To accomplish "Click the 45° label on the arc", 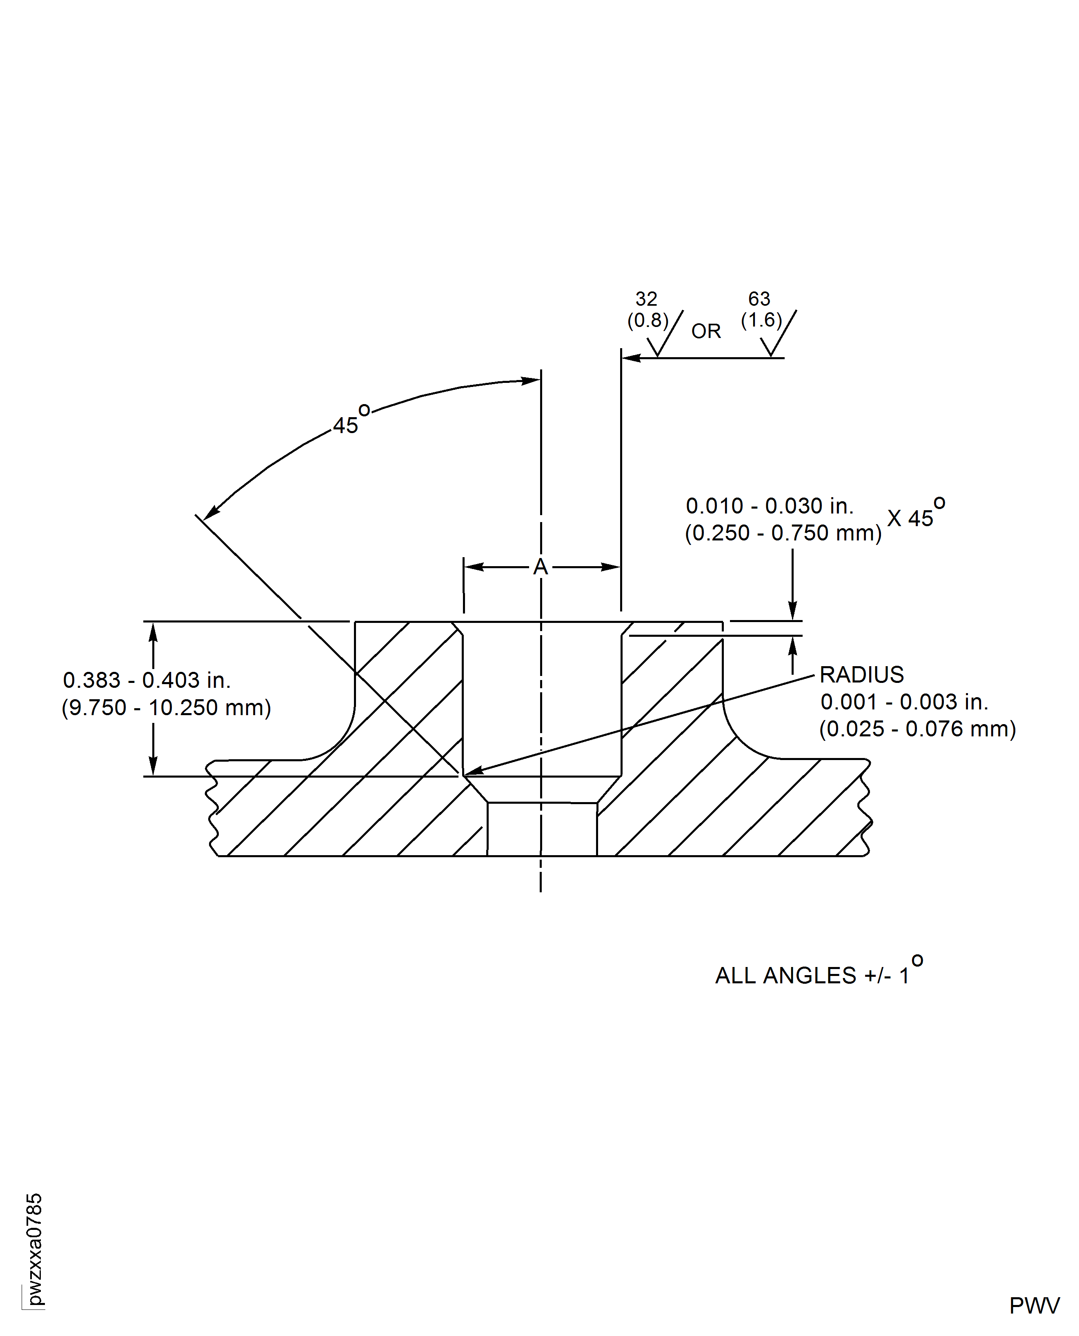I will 349,421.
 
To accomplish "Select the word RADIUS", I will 861,675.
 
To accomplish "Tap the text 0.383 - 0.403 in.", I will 147,680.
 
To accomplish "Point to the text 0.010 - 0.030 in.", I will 770,507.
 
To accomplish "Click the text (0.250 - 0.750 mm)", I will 783,533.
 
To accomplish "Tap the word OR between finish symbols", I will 706,331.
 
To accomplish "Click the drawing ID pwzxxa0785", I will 35,1249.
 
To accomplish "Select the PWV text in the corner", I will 1034,1305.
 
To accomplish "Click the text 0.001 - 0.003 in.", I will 904,702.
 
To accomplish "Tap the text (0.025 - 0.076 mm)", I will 917,729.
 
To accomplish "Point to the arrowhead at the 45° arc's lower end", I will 211,513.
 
